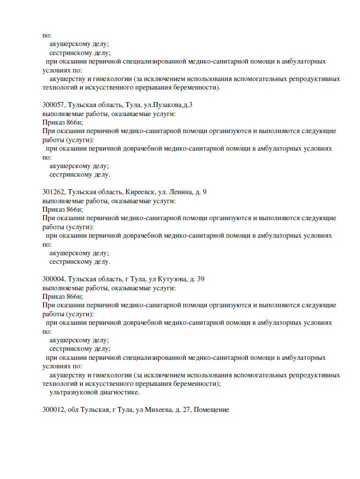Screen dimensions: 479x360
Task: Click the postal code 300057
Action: click(53, 105)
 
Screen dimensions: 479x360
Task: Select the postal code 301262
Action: click(53, 192)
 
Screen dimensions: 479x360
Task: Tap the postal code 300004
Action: click(53, 279)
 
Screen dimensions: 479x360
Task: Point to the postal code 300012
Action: click(53, 409)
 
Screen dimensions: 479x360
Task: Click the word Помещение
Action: click(211, 409)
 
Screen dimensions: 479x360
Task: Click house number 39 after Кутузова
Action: click(200, 279)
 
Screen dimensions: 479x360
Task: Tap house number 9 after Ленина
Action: click(204, 192)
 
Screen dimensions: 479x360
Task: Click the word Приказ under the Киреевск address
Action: click(54, 209)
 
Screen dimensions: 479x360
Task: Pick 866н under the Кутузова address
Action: click(75, 296)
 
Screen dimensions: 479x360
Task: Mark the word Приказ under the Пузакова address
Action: click(54, 122)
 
